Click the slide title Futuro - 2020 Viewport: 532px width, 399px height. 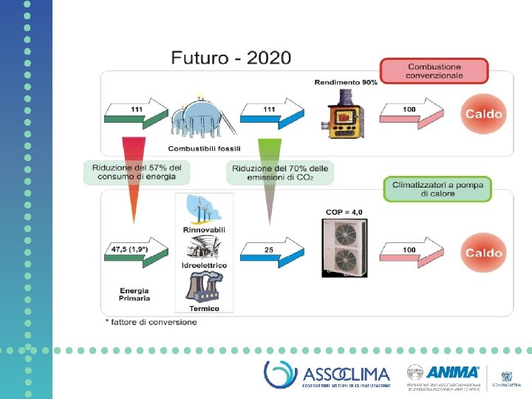click(x=231, y=57)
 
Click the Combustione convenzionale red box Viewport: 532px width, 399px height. click(x=435, y=71)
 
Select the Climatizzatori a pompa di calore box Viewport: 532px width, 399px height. click(x=437, y=188)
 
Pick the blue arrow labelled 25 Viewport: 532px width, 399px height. click(x=271, y=250)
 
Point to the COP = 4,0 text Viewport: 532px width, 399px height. click(x=344, y=212)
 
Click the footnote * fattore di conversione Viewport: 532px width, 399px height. click(x=151, y=321)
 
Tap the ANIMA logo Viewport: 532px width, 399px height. click(x=453, y=372)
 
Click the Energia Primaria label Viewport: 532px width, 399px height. click(x=134, y=294)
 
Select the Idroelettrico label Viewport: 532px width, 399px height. click(x=204, y=265)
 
